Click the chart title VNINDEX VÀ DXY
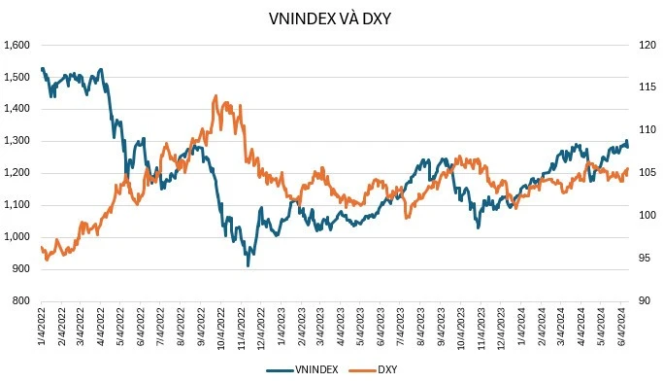(331, 18)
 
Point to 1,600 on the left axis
(17, 45)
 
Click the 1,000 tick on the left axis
(17, 237)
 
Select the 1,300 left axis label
(17, 141)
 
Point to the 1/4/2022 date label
(42, 328)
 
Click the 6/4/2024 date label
(622, 328)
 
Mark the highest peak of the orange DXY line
(214, 96)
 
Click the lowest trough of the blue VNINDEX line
(248, 265)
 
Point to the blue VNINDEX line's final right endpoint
(627, 147)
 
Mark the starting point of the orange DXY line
(41, 247)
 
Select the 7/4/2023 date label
(402, 328)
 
